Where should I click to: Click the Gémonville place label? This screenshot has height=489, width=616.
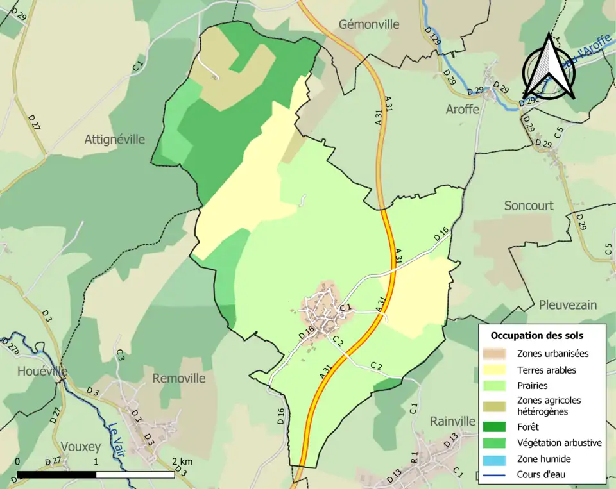tap(369, 24)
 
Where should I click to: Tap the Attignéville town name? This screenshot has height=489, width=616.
tap(114, 139)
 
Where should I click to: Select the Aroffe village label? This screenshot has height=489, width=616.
tap(463, 109)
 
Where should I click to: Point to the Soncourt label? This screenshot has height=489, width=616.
tap(529, 206)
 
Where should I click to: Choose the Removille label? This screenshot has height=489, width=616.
tap(179, 378)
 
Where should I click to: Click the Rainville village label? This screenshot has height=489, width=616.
tap(452, 421)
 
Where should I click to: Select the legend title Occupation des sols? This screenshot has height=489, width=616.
tap(537, 335)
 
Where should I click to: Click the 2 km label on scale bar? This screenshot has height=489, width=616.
tap(182, 461)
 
